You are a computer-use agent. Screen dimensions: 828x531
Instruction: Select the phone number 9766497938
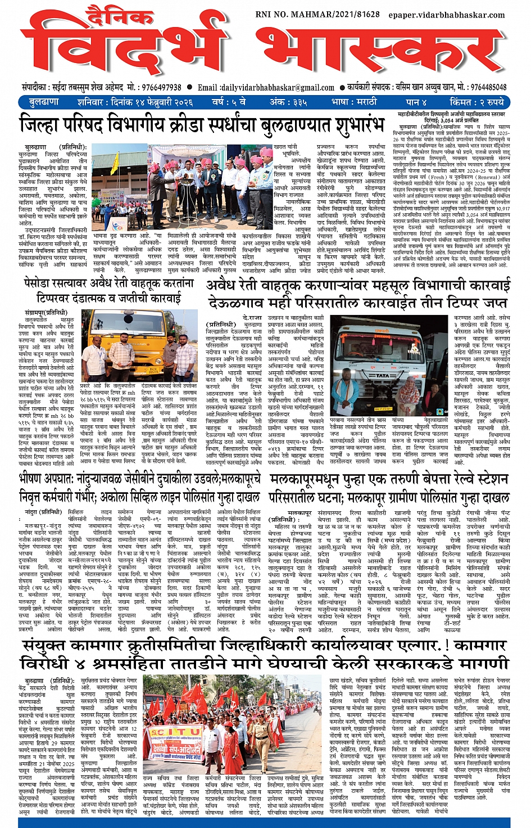tap(155, 88)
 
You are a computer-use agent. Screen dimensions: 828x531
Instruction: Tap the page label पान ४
tap(416, 102)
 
